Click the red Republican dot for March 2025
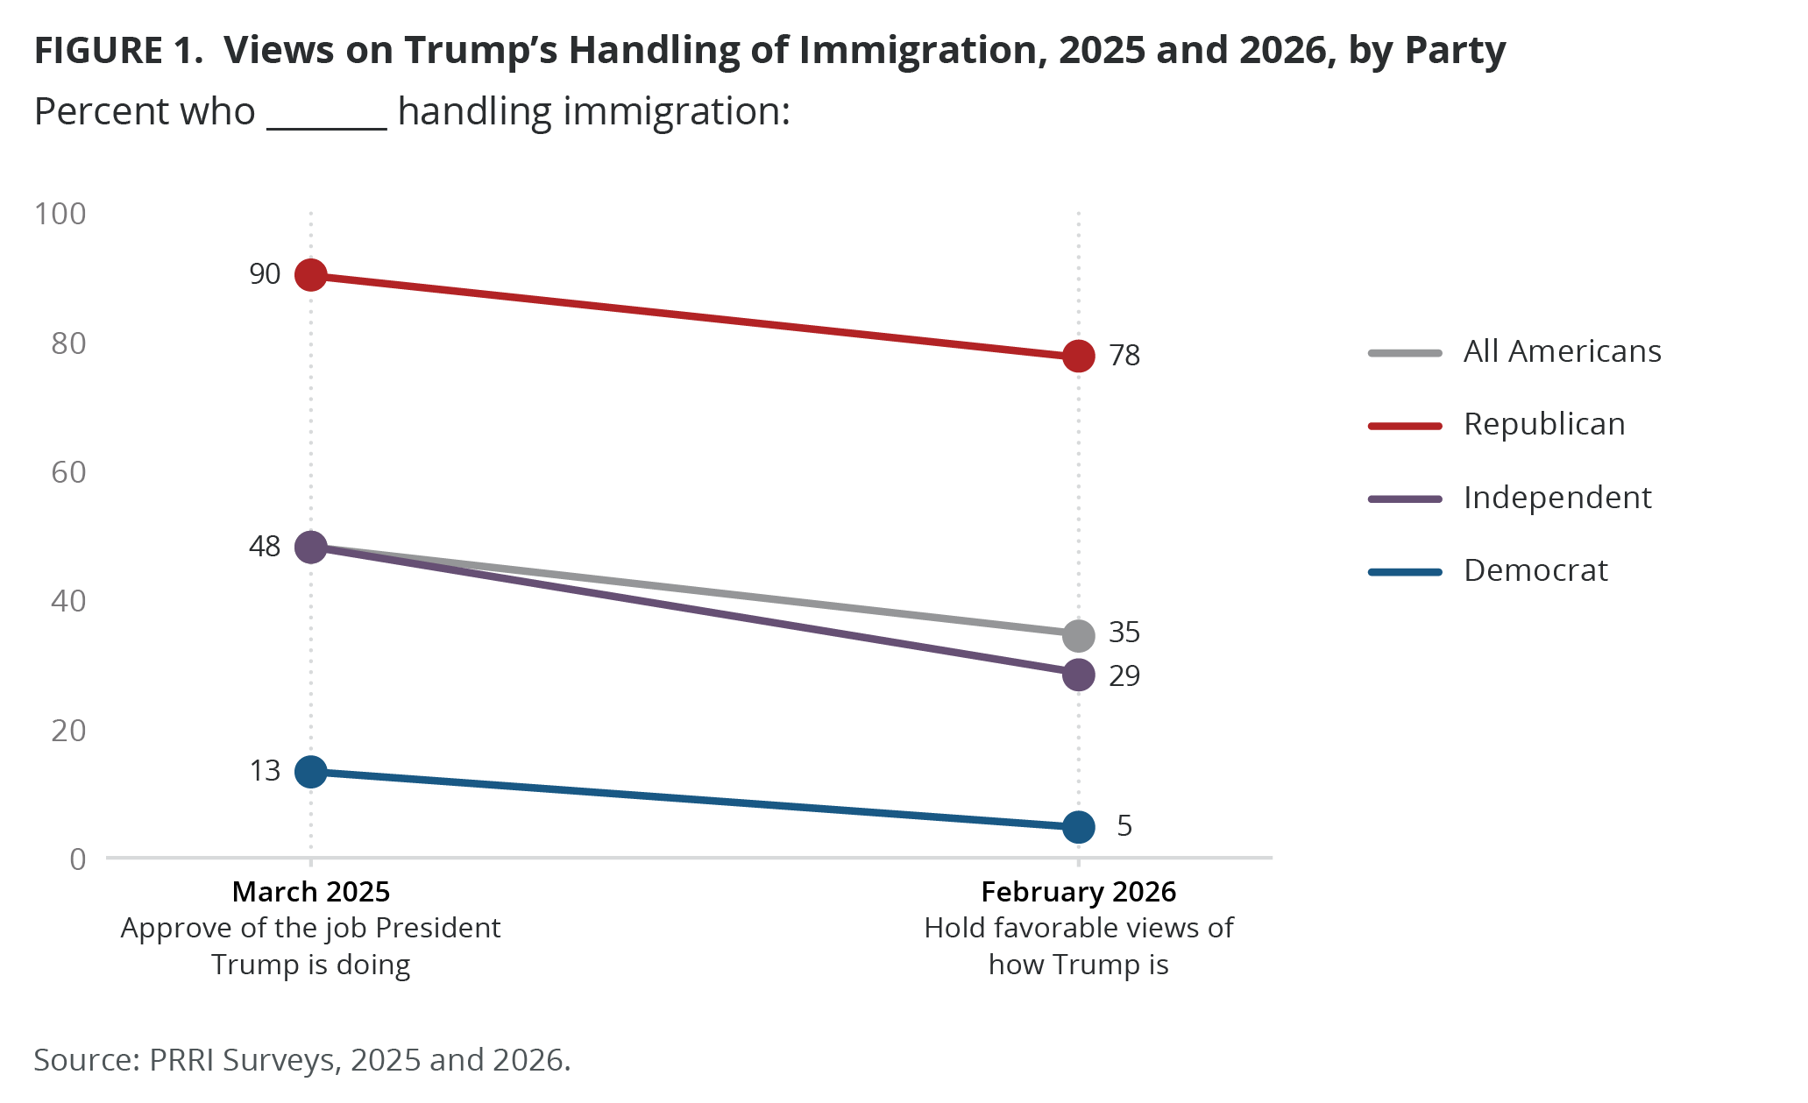pos(311,275)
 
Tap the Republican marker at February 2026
pos(1078,356)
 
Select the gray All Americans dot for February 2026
pos(1078,635)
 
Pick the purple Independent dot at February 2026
pos(1078,675)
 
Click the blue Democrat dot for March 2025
pos(311,772)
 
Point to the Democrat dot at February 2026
pos(1078,826)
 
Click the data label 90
pos(265,274)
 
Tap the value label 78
pos(1124,356)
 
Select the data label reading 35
pos(1124,633)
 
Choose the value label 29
pos(1124,676)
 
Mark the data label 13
pos(265,771)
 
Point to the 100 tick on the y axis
pos(60,214)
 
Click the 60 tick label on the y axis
pos(68,473)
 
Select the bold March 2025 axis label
pos(311,892)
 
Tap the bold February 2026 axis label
pos(1078,892)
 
